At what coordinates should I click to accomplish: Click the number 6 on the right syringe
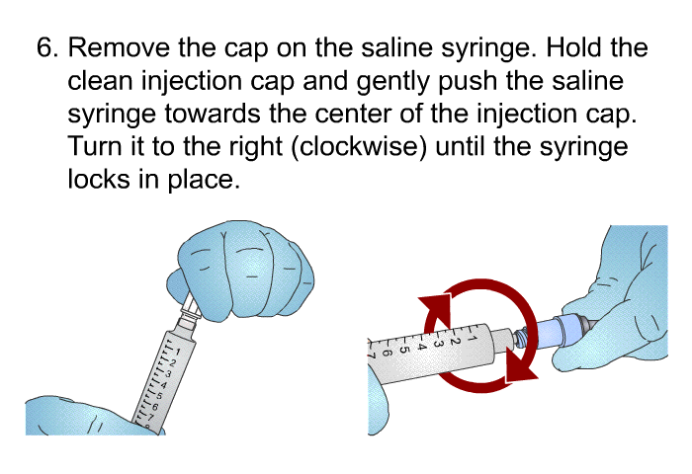(x=387, y=350)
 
